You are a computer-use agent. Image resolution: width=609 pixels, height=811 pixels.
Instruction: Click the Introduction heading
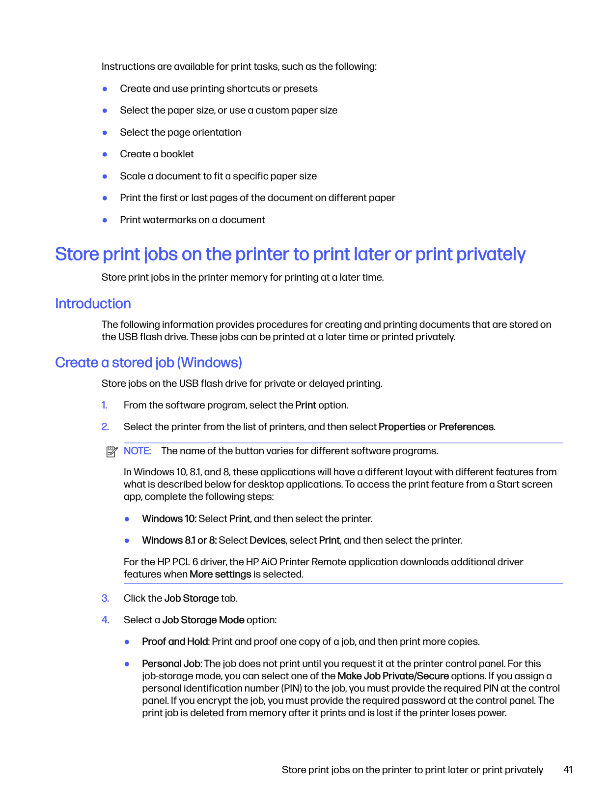coord(93,304)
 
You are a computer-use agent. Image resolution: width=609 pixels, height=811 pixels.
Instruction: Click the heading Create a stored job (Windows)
coord(148,363)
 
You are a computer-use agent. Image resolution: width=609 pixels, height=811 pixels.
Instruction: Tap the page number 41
coord(568,770)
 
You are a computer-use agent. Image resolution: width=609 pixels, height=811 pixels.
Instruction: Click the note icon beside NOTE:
coord(112,451)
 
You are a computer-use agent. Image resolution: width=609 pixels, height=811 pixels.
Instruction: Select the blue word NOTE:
coord(137,451)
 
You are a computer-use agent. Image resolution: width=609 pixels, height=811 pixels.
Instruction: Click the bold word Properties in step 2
coord(402,427)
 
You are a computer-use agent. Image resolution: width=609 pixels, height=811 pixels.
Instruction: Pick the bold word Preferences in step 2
coord(466,427)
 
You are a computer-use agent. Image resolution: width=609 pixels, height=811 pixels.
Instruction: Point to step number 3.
coord(105,598)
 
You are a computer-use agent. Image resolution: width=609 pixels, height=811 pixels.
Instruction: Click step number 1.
coord(105,405)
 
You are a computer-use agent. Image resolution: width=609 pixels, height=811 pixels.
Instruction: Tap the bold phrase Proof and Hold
coord(175,641)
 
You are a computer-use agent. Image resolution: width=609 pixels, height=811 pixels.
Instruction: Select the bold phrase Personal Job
coord(171,664)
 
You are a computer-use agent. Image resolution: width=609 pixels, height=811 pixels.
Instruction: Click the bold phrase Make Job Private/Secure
coord(393,676)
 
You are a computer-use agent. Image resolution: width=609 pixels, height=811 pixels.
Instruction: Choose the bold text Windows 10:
coord(169,519)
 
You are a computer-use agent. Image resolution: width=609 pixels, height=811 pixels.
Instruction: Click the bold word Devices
coord(267,540)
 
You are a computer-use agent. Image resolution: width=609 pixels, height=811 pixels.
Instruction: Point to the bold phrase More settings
coord(220,574)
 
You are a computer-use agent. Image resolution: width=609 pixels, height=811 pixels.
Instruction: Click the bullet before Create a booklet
coord(105,154)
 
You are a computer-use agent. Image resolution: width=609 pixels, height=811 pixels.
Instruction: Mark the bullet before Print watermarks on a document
coord(105,220)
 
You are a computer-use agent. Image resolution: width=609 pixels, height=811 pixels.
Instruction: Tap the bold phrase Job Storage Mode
coord(203,620)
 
